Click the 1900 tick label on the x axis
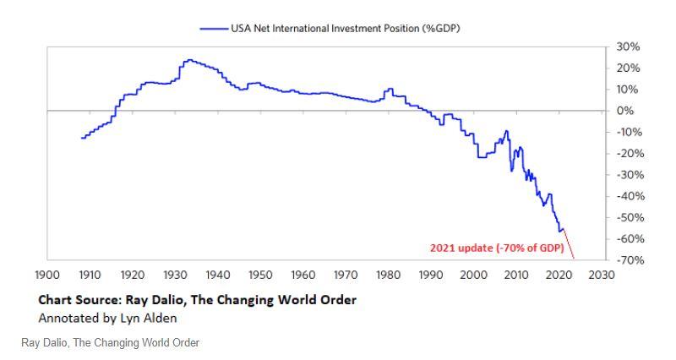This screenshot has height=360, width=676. point(46,275)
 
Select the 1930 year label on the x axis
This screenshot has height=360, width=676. point(174,275)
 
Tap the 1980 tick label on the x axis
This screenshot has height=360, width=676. point(388,275)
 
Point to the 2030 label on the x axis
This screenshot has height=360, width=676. point(602,275)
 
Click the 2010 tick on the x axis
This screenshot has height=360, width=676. point(516,275)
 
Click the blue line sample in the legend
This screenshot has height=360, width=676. point(214,28)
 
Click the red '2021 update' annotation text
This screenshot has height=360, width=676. point(497,248)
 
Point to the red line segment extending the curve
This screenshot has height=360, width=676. point(569,243)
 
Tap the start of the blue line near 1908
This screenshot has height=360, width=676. point(81,138)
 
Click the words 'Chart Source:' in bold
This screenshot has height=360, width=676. point(80,301)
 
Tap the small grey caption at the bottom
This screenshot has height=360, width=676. point(110,342)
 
